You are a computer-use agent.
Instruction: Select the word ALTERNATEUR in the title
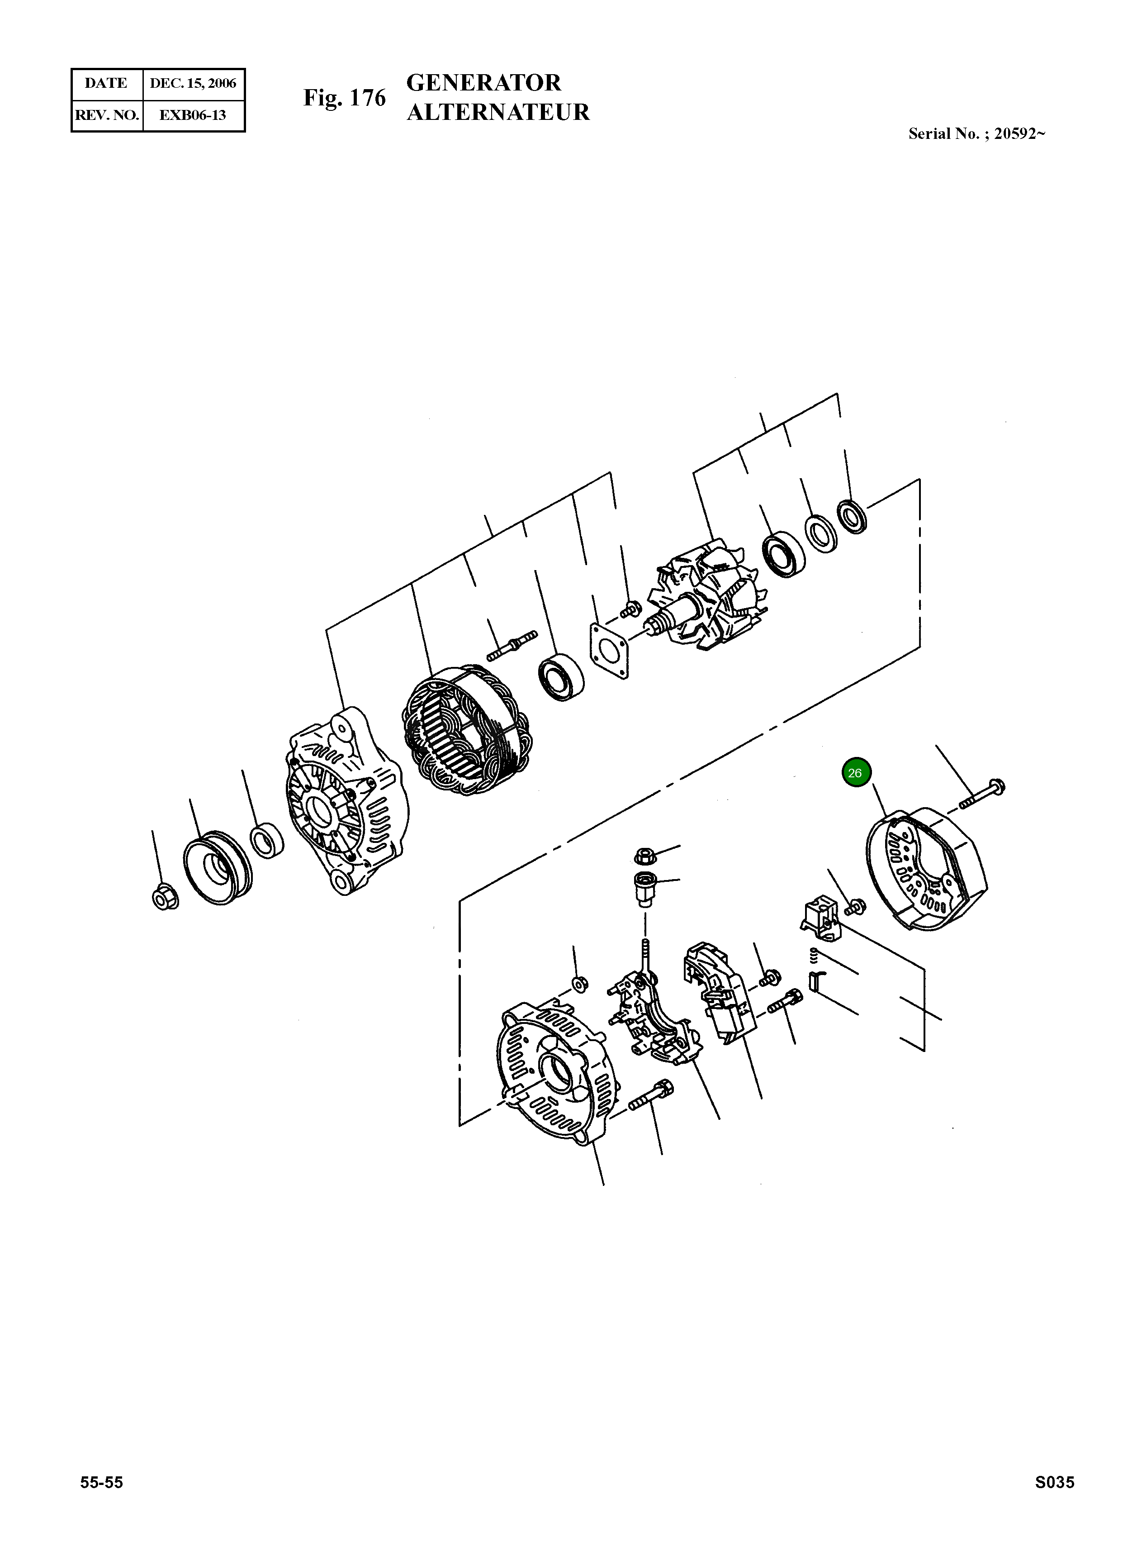(x=498, y=112)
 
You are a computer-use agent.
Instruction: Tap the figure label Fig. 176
(x=344, y=98)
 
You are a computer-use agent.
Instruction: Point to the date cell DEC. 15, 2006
(x=193, y=84)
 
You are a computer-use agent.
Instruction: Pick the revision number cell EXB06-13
(x=192, y=115)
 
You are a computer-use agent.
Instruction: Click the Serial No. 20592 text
(x=976, y=134)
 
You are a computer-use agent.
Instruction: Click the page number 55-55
(x=102, y=1482)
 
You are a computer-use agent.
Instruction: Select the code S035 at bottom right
(x=1054, y=1482)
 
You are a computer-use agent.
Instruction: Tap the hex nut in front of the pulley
(x=165, y=898)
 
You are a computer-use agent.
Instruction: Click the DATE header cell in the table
(x=106, y=84)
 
